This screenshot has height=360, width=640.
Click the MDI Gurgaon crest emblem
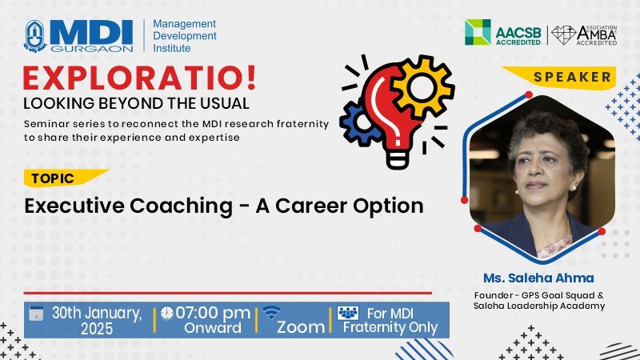pyautogui.click(x=35, y=36)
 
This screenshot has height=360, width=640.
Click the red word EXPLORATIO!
pyautogui.click(x=139, y=78)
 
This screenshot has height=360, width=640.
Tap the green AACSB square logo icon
pyautogui.click(x=478, y=32)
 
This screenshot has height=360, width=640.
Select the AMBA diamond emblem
pyautogui.click(x=564, y=35)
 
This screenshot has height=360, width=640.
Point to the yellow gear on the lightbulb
pyautogui.click(x=422, y=86)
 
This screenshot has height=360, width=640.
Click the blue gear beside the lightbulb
pyautogui.click(x=359, y=122)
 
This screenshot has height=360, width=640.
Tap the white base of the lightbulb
pyautogui.click(x=397, y=158)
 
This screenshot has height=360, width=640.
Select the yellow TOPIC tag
pyautogui.click(x=66, y=178)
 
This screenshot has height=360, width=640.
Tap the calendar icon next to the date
pyautogui.click(x=36, y=313)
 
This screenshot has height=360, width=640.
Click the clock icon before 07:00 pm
pyautogui.click(x=166, y=313)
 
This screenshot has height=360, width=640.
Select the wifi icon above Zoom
pyautogui.click(x=271, y=313)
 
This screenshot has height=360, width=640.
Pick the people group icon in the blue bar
pyautogui.click(x=348, y=313)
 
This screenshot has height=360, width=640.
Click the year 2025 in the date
pyautogui.click(x=97, y=329)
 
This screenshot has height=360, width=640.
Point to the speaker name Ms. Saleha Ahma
pyautogui.click(x=538, y=278)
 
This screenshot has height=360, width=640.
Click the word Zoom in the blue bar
pyautogui.click(x=301, y=327)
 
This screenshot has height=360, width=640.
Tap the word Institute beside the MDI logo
pyautogui.click(x=171, y=48)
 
